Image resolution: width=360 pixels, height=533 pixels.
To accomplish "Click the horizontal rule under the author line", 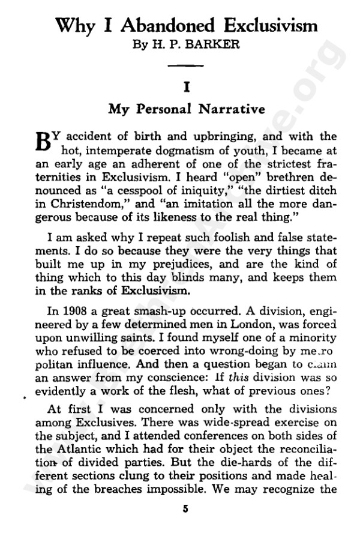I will [x=187, y=64].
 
